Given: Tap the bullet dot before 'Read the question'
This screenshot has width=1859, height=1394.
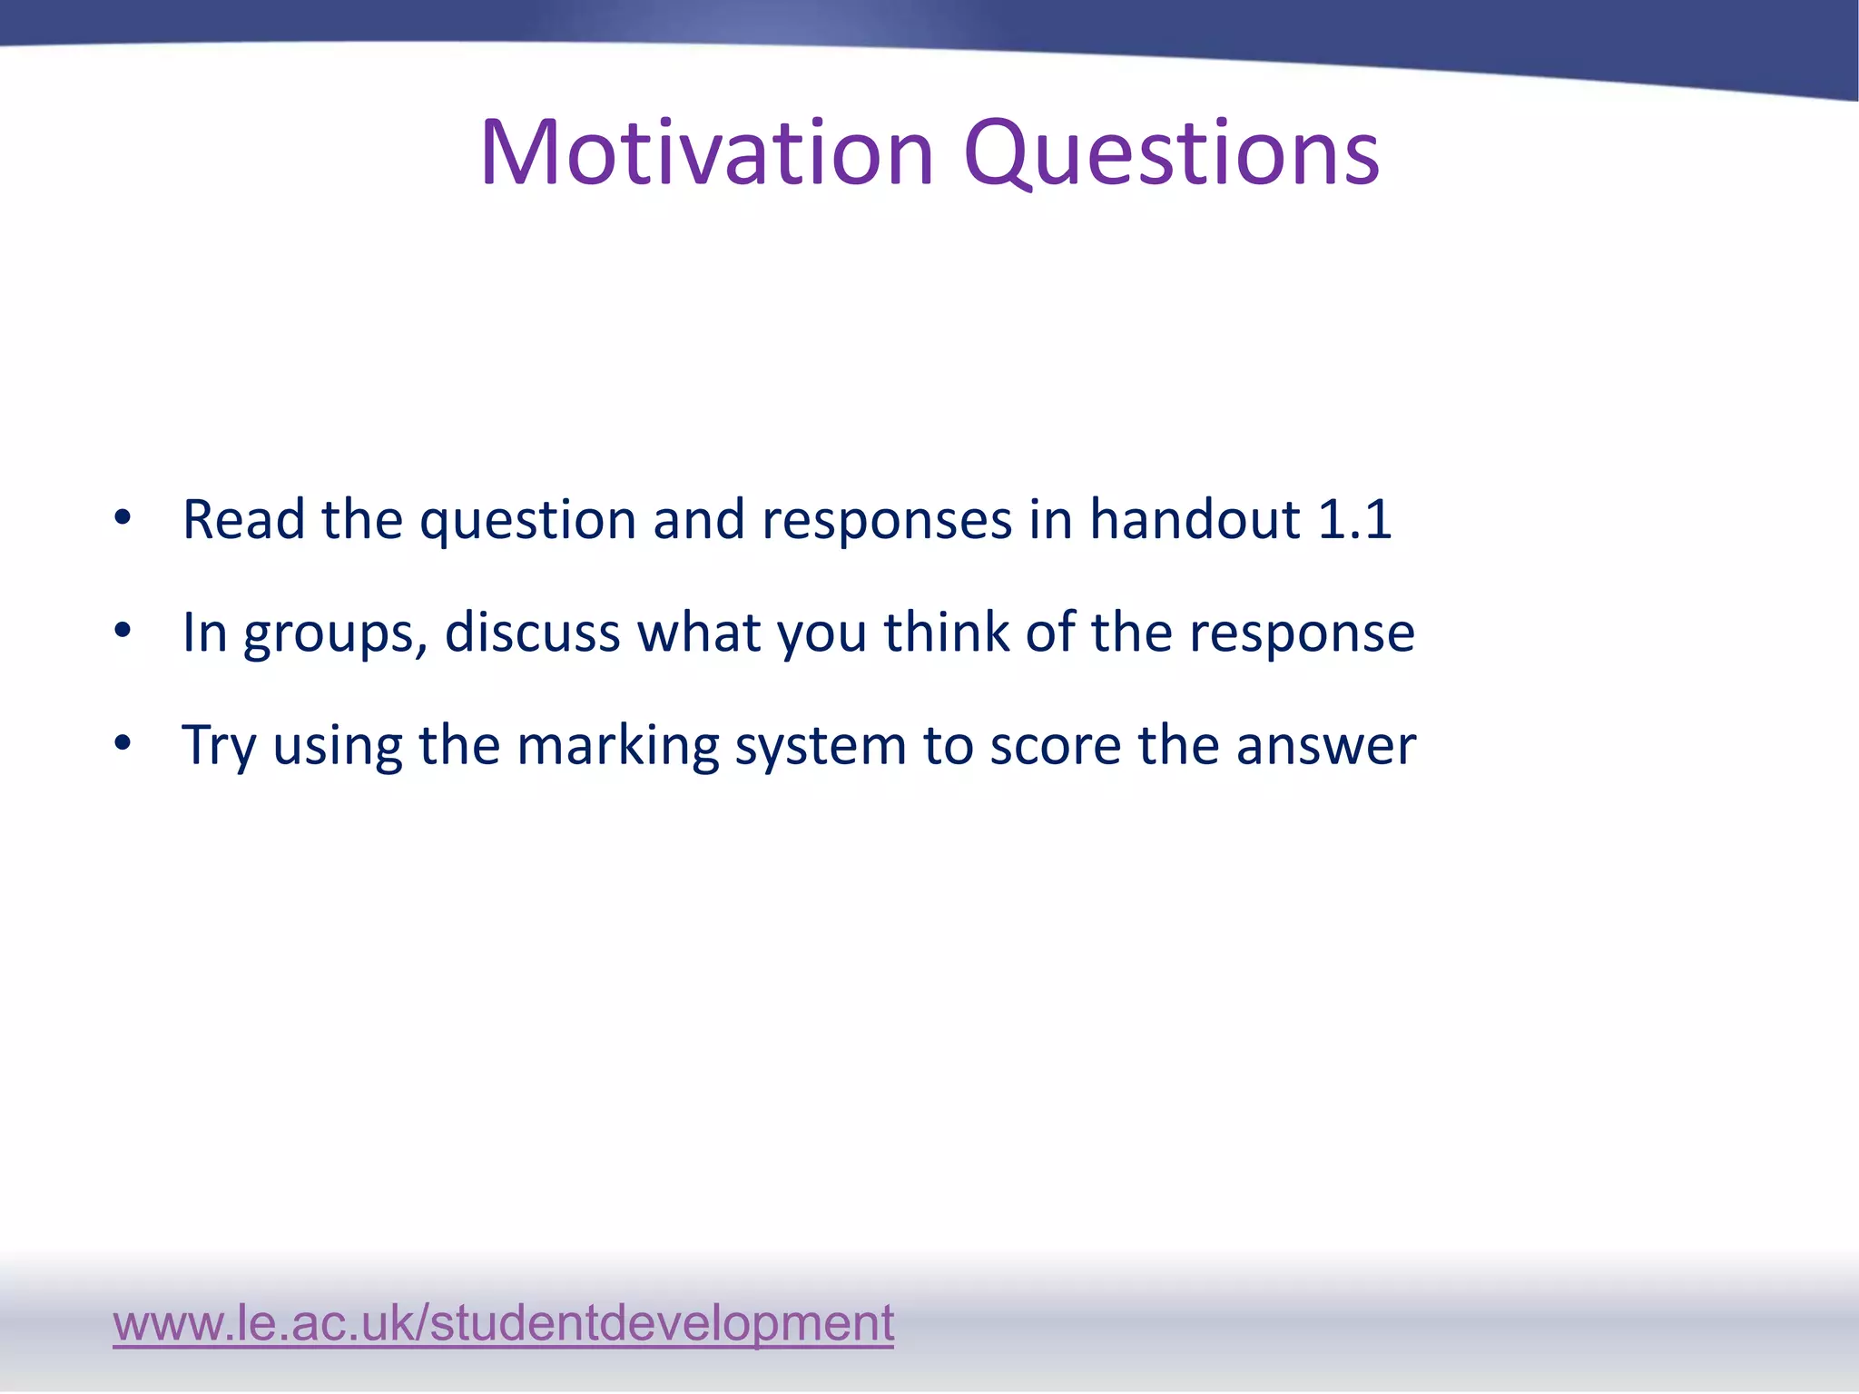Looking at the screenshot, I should (123, 519).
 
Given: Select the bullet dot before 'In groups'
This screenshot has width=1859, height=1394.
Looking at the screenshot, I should (123, 632).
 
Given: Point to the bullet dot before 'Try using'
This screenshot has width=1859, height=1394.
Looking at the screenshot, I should (123, 744).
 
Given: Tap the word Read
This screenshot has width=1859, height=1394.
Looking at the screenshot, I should (242, 519).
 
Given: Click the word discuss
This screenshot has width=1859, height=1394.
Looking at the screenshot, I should (532, 632).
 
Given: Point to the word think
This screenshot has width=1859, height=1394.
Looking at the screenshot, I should (946, 632).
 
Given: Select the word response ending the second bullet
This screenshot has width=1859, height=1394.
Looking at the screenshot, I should (1302, 633).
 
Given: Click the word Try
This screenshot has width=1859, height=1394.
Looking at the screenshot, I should (218, 746).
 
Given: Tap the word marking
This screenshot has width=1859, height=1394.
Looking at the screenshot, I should (617, 746).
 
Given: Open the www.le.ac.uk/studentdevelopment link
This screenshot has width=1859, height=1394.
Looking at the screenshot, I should (503, 1322).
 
